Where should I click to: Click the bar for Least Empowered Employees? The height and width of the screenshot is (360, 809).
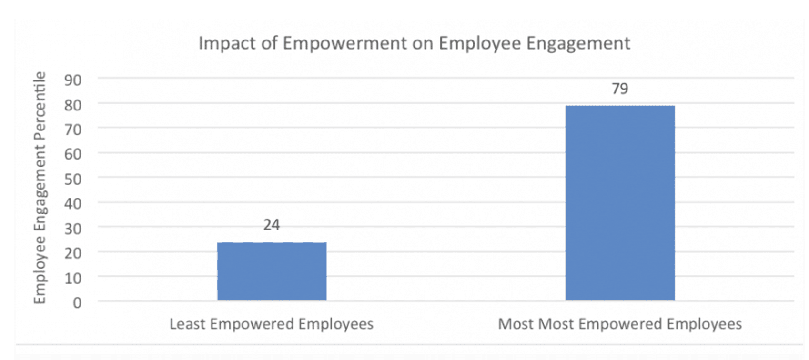[272, 271]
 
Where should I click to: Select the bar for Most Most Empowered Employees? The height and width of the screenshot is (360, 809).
[620, 203]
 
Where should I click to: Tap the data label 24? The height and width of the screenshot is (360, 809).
[272, 225]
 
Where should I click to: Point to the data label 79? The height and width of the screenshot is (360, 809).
[620, 89]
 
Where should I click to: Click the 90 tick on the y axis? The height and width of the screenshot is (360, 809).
[73, 80]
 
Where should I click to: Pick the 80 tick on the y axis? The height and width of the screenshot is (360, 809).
[73, 105]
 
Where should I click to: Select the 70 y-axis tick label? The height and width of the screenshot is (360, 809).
[73, 130]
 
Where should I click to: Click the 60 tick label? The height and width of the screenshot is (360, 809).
[73, 154]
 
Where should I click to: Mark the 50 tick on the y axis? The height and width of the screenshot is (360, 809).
[73, 179]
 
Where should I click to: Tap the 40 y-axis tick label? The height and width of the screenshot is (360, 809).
[73, 204]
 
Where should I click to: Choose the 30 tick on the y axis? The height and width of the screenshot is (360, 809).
[73, 229]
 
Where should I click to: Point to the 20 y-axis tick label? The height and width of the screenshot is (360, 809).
[73, 253]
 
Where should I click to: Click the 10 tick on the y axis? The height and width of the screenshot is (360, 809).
[73, 278]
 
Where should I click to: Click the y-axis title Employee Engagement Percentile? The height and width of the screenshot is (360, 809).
[40, 188]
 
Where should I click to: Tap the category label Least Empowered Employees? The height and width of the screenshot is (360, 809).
[272, 324]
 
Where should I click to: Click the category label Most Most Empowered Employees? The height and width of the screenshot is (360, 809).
[620, 324]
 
